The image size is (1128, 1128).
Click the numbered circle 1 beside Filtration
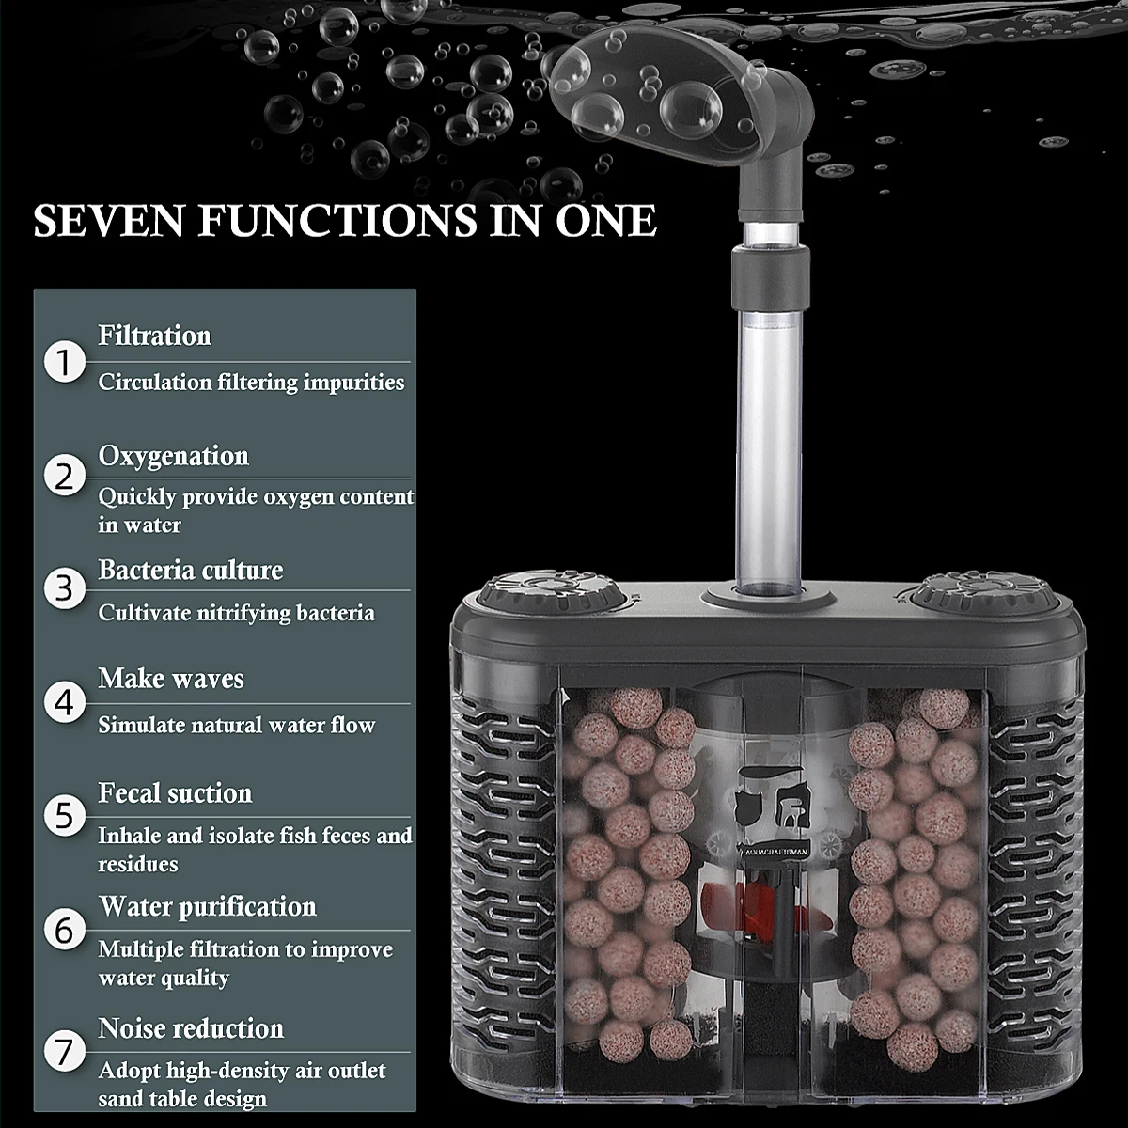(x=65, y=362)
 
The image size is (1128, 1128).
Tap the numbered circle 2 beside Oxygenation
(x=65, y=477)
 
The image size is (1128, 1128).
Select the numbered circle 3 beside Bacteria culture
(x=65, y=588)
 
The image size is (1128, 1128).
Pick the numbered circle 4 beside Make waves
(x=65, y=702)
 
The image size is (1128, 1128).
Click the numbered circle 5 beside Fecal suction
(x=65, y=815)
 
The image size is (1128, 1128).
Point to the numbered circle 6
(x=65, y=930)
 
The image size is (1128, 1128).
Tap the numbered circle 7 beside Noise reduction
(x=65, y=1050)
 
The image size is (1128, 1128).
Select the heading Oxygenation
(x=174, y=456)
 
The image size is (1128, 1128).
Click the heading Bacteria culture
(x=191, y=571)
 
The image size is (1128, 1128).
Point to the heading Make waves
(x=171, y=679)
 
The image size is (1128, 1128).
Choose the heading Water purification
(x=208, y=907)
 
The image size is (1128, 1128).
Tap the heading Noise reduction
(x=191, y=1028)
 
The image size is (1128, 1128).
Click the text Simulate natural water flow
(x=237, y=726)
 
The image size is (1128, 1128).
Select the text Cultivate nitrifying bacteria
(x=237, y=613)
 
